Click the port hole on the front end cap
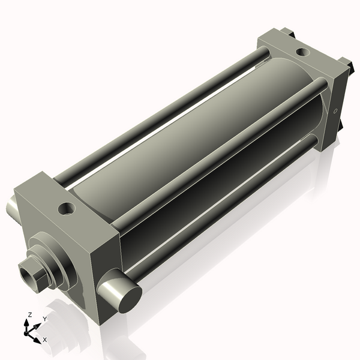point(67,208)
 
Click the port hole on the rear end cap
point(303,52)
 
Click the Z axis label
point(29,315)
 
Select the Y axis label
point(45,319)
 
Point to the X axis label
point(45,340)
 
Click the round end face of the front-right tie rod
point(130,299)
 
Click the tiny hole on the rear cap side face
point(335,111)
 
